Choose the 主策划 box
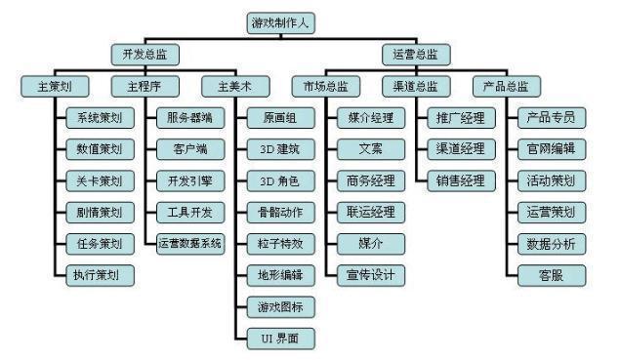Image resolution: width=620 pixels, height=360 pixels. click(46, 86)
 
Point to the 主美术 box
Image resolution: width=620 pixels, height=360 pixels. click(227, 86)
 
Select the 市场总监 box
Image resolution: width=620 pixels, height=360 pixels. click(324, 86)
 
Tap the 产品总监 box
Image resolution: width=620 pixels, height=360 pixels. click(505, 86)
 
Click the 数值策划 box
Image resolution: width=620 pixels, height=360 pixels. click(99, 149)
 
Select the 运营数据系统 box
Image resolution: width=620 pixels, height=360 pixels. click(189, 243)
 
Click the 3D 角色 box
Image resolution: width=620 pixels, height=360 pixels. click(279, 180)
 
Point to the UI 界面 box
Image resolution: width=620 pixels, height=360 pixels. click(279, 337)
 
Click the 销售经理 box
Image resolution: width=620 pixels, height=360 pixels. click(460, 180)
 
